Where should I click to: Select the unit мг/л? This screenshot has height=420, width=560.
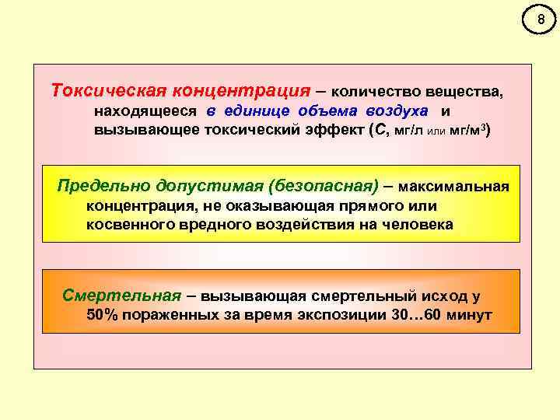(408, 130)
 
